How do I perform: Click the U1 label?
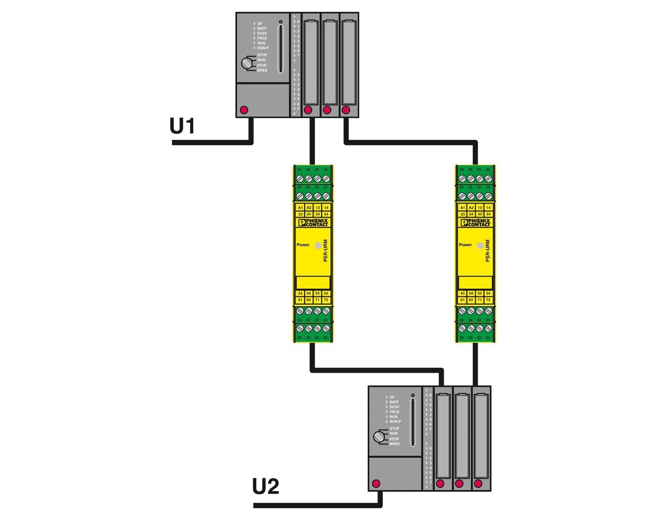182,126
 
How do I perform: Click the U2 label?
266,487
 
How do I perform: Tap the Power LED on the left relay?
318,245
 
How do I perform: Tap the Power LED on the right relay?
480,245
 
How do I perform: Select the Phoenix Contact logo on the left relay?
313,222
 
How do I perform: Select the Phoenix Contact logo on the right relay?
475,222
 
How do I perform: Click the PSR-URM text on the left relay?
325,250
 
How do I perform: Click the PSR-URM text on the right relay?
488,250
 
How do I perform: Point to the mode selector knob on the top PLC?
247,63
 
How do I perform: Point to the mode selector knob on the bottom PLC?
379,436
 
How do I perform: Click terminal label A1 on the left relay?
300,208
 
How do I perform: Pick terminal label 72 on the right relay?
488,300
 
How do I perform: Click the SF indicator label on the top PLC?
260,23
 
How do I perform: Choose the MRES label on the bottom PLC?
394,444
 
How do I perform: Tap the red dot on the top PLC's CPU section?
244,110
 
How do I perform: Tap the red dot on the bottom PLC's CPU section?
376,484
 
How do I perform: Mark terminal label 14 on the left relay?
326,208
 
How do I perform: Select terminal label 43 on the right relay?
463,293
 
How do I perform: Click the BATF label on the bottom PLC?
394,402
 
